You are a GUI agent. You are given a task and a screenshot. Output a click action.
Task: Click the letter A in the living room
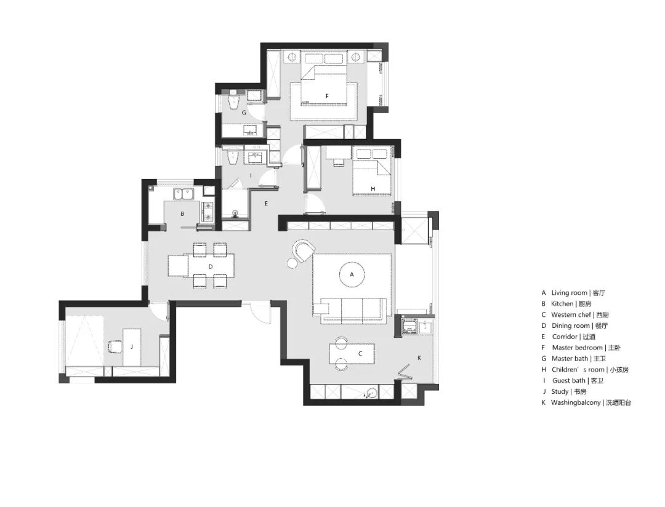click(352, 274)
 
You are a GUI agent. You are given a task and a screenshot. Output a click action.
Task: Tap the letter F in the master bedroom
click(326, 96)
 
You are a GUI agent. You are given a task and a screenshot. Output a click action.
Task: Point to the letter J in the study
click(132, 347)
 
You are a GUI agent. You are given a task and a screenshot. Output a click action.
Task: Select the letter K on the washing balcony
click(419, 357)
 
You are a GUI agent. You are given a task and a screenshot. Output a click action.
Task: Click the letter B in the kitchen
click(182, 214)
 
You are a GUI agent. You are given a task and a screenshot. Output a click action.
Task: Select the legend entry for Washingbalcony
click(586, 403)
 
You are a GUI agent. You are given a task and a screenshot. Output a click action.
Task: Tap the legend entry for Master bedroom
click(581, 348)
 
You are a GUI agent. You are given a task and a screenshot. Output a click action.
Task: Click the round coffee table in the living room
click(352, 274)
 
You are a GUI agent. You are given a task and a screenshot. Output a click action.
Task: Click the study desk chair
click(115, 347)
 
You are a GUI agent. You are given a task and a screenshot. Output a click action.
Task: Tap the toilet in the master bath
click(234, 102)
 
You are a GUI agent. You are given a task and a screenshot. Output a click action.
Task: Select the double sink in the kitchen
click(183, 194)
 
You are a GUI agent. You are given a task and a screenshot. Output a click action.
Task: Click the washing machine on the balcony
click(409, 327)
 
